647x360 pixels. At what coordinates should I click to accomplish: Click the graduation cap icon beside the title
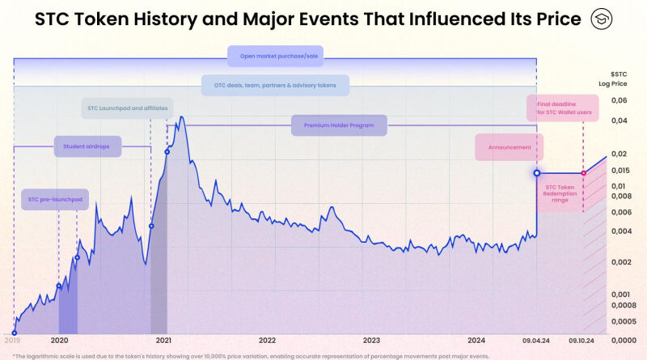(602, 19)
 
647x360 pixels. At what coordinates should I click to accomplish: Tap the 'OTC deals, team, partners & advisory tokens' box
(275, 85)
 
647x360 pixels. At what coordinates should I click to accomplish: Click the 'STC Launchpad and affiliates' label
(118, 108)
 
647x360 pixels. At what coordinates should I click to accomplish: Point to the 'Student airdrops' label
(87, 147)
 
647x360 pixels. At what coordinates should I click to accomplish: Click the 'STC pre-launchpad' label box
(54, 200)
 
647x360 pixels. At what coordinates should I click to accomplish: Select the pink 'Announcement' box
(510, 147)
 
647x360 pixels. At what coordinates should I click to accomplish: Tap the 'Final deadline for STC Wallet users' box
(563, 108)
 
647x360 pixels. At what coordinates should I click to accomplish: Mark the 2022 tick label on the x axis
(267, 341)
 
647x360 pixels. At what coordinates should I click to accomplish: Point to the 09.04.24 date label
(536, 341)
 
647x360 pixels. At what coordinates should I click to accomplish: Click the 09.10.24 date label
(583, 341)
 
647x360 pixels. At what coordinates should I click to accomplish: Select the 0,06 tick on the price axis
(620, 100)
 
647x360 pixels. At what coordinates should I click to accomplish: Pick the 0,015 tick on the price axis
(620, 170)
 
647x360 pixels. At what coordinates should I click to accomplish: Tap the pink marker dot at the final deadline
(583, 173)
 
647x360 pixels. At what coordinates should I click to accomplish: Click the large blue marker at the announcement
(536, 173)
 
